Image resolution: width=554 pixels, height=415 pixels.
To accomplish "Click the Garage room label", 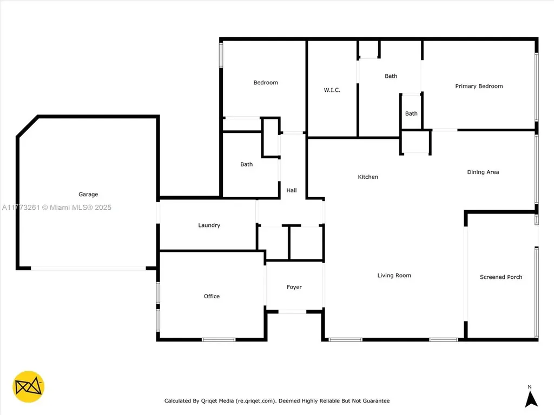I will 88,195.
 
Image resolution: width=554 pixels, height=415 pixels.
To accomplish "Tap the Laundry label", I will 209,225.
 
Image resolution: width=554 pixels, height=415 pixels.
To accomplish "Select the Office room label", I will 212,296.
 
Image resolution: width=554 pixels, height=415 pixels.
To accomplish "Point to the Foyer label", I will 294,287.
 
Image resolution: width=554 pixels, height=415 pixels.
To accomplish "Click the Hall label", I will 292,190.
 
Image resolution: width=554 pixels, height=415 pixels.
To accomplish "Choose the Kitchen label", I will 368,177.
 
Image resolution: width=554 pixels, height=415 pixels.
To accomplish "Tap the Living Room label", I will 394,276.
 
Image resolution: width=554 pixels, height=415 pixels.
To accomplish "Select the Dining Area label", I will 483,172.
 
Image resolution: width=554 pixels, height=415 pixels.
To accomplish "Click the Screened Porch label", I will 501,277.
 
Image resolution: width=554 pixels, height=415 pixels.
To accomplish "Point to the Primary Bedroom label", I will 479,86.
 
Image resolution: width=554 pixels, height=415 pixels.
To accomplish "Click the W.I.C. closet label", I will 332,90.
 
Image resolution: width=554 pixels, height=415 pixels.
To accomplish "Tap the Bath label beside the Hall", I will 246,164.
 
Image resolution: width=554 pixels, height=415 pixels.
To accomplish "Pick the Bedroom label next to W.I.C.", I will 266,83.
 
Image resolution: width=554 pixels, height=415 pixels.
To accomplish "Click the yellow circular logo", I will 28,387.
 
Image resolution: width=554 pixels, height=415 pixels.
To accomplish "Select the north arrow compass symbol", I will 531,398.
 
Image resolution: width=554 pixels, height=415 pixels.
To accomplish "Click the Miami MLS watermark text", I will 56,207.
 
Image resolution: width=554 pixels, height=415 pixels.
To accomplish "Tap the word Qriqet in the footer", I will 212,401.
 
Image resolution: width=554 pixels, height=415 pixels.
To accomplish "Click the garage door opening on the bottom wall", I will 88,267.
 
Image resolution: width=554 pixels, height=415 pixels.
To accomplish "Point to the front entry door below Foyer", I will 292,311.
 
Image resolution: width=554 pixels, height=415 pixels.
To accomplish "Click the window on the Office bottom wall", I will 219,339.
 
